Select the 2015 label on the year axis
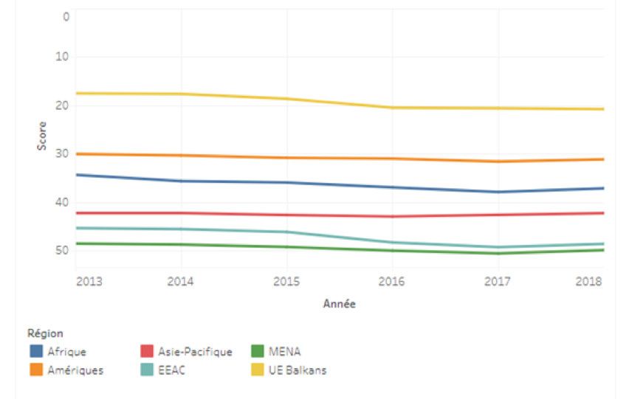(x=286, y=282)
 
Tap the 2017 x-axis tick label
(x=498, y=282)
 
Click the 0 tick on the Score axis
(x=65, y=17)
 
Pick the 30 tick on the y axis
(x=62, y=153)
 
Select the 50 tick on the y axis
(x=62, y=251)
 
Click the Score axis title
(x=42, y=136)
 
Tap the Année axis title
(x=339, y=304)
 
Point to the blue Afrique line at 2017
(x=498, y=192)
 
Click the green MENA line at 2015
(x=286, y=247)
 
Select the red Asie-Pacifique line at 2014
(x=181, y=213)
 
